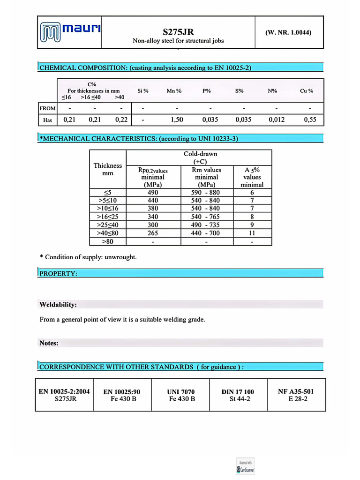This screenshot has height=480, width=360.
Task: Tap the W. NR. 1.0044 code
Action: [x=288, y=32]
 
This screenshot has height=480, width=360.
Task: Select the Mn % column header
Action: [x=174, y=91]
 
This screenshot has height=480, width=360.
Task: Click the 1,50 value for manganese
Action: [x=177, y=120]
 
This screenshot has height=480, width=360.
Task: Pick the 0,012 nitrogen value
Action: [x=276, y=120]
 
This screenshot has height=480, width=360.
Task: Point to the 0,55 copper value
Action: [x=310, y=120]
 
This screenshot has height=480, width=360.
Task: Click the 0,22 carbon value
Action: [x=121, y=120]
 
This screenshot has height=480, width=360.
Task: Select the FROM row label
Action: [x=47, y=108]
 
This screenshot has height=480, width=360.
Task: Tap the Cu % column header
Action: [x=307, y=91]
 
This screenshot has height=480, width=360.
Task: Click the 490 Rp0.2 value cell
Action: [x=153, y=192]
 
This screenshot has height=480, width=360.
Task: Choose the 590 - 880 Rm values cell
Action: [x=206, y=192]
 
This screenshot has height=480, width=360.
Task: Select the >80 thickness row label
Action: [x=108, y=241]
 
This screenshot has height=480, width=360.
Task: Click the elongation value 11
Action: [x=252, y=233]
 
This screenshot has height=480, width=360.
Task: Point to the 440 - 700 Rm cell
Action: [x=206, y=233]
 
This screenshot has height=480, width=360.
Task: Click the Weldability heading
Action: [x=58, y=305]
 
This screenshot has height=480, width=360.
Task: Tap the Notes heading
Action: [x=49, y=343]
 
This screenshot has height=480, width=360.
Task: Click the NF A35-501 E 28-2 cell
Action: [x=296, y=395]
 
